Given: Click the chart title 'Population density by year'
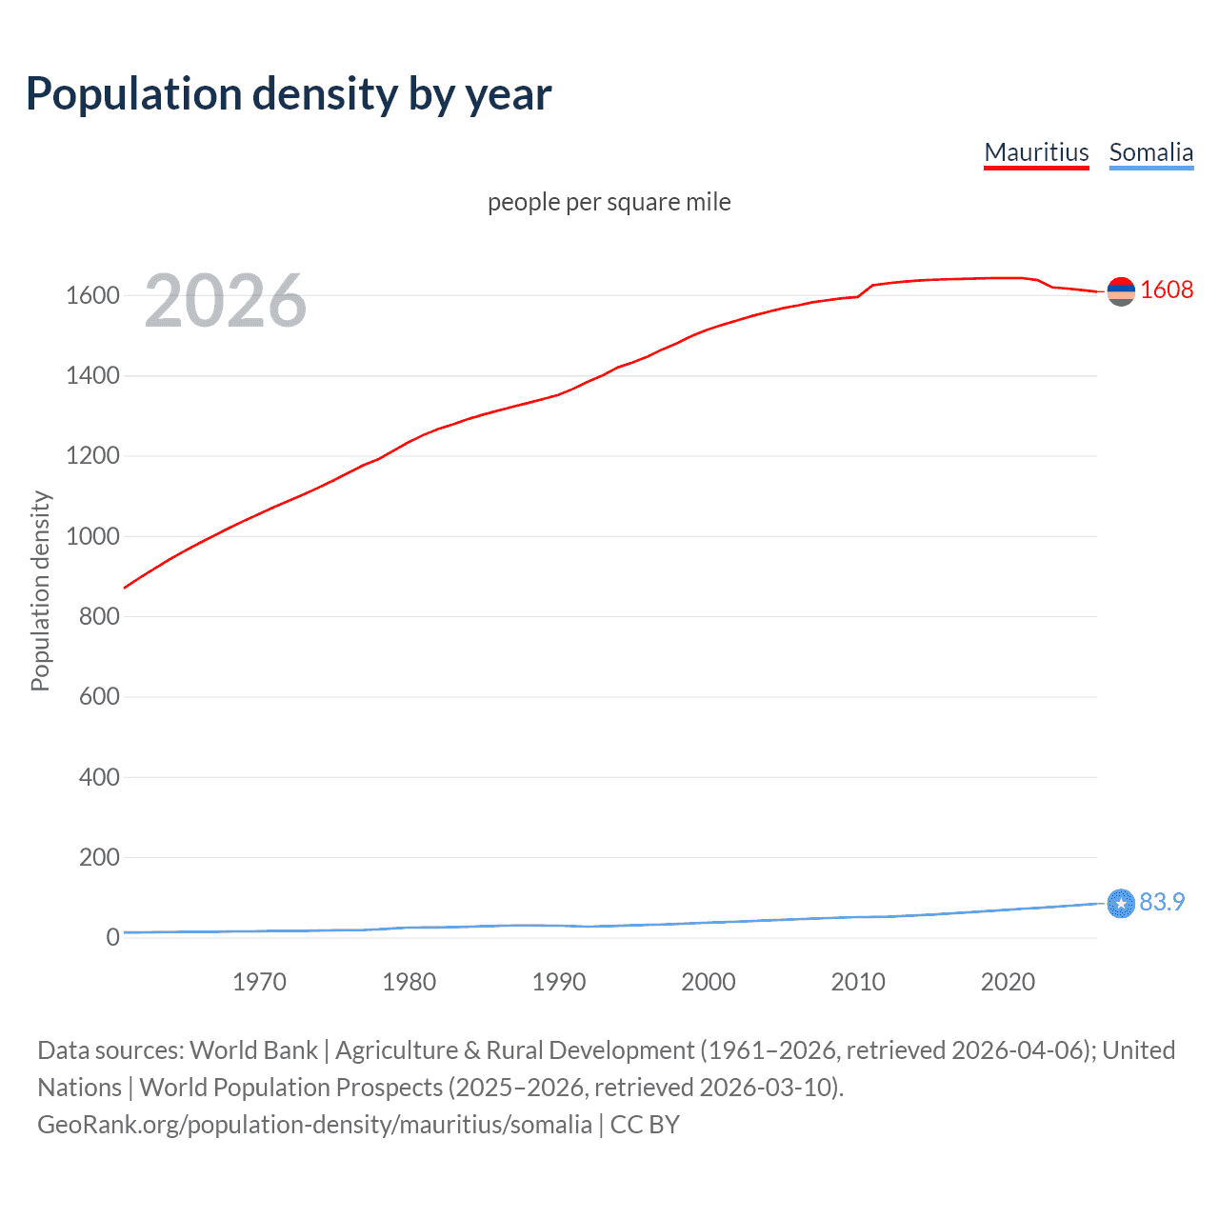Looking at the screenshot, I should pos(289,94).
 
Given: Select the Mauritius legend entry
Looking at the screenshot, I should pos(1036,152).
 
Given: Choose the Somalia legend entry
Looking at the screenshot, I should pos(1150,152).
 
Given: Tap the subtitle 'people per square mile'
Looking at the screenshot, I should pos(609,202).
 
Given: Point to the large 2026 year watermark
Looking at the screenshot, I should pos(226,301).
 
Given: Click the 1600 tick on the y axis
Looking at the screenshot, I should pos(92,295).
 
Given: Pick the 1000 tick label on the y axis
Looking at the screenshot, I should pos(92,536).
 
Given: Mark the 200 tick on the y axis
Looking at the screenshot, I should pos(99,857).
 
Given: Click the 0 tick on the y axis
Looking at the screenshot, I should pos(112,937).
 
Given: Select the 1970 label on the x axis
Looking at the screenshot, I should pos(259,982).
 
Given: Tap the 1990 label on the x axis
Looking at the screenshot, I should pos(559,982).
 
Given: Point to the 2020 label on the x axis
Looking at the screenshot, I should pos(1008,982).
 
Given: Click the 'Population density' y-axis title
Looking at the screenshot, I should pos(40,590).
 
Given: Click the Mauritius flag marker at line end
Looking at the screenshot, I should pos(1121,291).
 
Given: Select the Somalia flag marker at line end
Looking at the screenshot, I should pos(1121,903).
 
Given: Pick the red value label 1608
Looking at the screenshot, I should pos(1166,290).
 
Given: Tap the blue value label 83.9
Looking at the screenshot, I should pos(1162,902).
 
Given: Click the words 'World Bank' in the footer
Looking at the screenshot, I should pos(253,1049).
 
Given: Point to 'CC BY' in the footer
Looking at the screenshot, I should pos(645,1124).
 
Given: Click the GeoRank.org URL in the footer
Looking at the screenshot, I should pos(314,1124).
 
